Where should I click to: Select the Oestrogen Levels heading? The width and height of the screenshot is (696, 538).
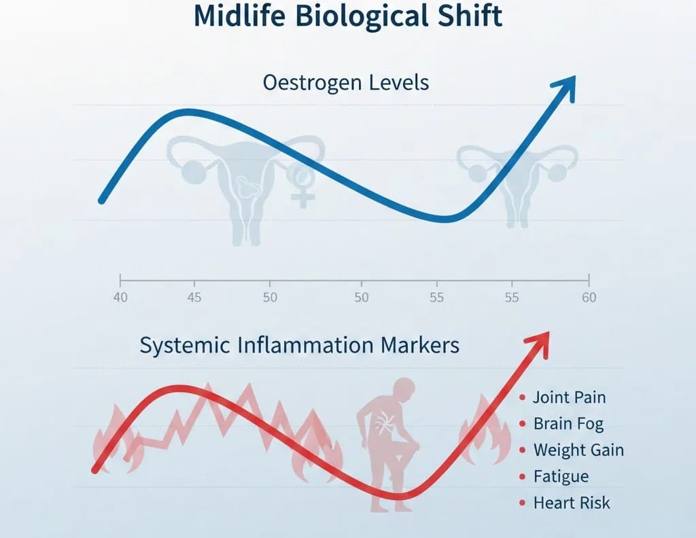pyautogui.click(x=346, y=84)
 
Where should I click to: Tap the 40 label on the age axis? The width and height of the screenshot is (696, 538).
pyautogui.click(x=119, y=298)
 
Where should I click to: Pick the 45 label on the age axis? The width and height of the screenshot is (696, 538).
pyautogui.click(x=194, y=298)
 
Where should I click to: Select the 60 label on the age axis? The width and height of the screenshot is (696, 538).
pyautogui.click(x=588, y=298)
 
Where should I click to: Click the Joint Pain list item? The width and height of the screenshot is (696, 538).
pyautogui.click(x=569, y=397)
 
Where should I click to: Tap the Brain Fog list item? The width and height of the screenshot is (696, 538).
pyautogui.click(x=568, y=424)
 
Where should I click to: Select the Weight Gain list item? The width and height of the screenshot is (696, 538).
pyautogui.click(x=578, y=450)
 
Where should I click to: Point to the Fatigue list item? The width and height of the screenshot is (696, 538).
pyautogui.click(x=561, y=476)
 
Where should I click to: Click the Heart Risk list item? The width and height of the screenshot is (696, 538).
pyautogui.click(x=572, y=503)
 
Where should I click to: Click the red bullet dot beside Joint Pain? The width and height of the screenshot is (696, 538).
pyautogui.click(x=522, y=397)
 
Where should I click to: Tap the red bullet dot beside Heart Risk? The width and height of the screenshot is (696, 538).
pyautogui.click(x=522, y=503)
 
